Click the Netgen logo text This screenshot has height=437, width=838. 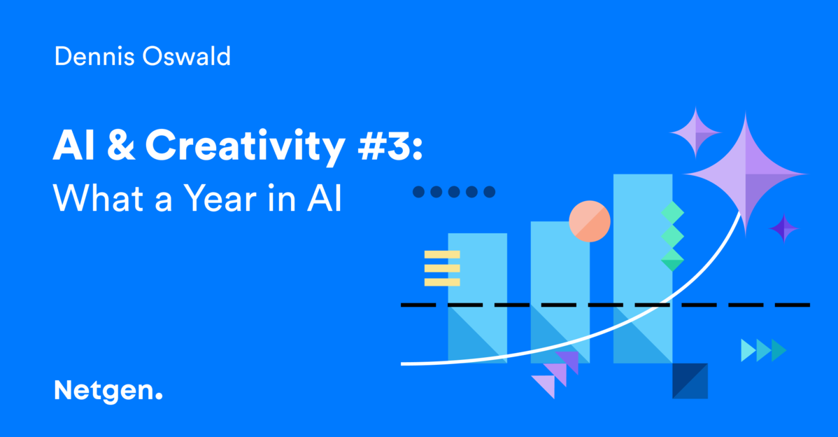108,390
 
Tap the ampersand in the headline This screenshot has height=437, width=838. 119,146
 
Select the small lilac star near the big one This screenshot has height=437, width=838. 695,132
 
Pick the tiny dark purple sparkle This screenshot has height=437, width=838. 783,228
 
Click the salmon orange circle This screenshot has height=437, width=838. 589,221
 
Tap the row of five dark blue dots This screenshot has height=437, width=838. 453,191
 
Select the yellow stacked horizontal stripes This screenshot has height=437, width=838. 442,268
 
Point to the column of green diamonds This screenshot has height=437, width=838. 672,236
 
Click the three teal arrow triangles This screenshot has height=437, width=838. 763,349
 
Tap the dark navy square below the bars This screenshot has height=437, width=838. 690,380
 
